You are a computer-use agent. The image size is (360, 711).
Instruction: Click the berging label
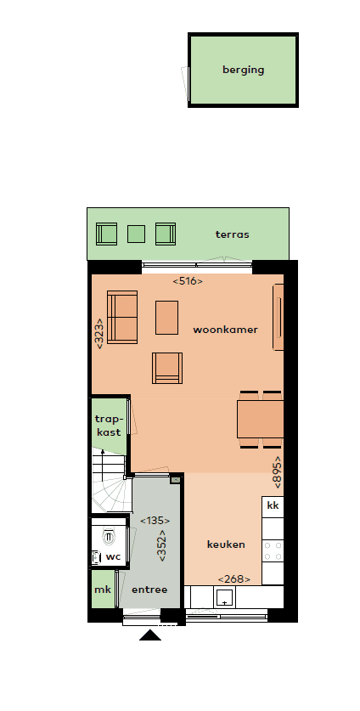[243, 71]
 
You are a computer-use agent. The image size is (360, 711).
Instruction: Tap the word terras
[232, 234]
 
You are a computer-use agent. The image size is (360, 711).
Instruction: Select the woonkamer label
[225, 330]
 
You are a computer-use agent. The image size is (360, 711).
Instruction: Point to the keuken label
[226, 545]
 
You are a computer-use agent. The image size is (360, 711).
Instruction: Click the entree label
[149, 590]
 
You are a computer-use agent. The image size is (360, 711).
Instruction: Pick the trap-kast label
[108, 426]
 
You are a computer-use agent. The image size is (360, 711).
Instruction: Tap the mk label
[102, 590]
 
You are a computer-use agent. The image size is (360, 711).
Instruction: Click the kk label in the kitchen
[273, 506]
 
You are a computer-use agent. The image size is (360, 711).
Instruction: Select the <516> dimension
[188, 280]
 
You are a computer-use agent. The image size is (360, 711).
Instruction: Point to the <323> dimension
[100, 332]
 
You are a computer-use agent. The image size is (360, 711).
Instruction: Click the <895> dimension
[277, 470]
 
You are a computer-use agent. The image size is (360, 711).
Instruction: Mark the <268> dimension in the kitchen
[228, 579]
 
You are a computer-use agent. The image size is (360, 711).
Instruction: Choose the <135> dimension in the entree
[155, 522]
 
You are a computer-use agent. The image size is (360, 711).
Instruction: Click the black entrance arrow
[150, 635]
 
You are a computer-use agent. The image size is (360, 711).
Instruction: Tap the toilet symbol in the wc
[108, 537]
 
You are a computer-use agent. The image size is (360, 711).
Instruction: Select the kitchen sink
[224, 597]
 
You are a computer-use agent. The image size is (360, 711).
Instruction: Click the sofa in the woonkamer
[122, 318]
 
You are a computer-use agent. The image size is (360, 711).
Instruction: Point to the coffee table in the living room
[167, 317]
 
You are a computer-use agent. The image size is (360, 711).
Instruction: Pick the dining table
[260, 419]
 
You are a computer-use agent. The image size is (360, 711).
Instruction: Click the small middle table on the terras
[136, 234]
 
